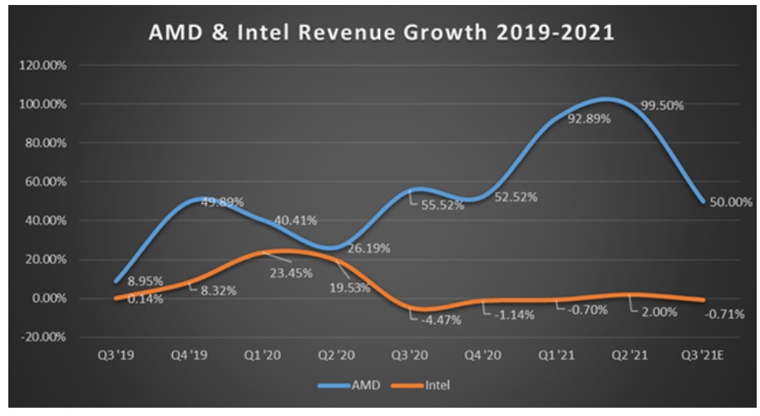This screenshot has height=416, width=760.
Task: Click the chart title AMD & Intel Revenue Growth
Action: pyautogui.click(x=382, y=34)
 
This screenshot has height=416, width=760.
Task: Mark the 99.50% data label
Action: pyautogui.click(x=661, y=106)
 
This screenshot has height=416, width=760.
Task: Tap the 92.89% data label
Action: pyautogui.click(x=586, y=119)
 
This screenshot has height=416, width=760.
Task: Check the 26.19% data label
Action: pyautogui.click(x=363, y=248)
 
